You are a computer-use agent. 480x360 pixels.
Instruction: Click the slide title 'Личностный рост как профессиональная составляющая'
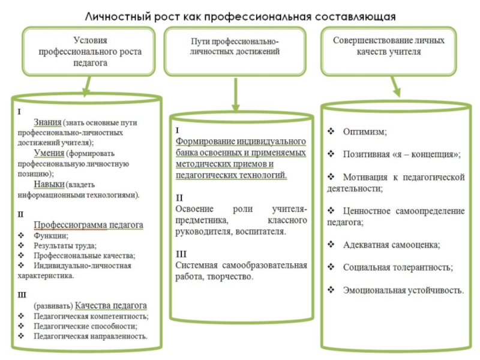point(241,16)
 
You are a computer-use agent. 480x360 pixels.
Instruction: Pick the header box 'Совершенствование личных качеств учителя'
point(388,46)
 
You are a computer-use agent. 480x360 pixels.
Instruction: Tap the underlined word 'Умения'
point(49,153)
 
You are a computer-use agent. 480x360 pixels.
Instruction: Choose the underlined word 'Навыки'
point(49,184)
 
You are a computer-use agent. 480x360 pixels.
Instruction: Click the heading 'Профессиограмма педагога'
point(89,225)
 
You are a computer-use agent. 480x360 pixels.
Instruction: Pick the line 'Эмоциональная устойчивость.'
point(403,290)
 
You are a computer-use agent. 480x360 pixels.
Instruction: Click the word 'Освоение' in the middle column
point(195,209)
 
